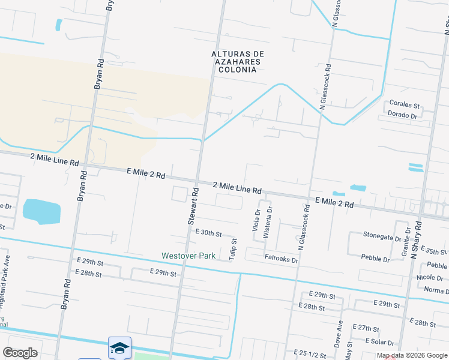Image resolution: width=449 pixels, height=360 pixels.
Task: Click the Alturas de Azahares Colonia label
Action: pyautogui.click(x=238, y=62)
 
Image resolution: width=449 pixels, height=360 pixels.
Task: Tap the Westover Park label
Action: pyautogui.click(x=188, y=256)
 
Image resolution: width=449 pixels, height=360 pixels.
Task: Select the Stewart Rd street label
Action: pyautogui.click(x=194, y=206)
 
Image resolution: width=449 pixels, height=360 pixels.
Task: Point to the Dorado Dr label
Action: pyautogui.click(x=402, y=115)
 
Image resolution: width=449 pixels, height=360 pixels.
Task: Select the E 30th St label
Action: pyautogui.click(x=208, y=233)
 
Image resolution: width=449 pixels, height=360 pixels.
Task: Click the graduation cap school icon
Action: pyautogui.click(x=119, y=348)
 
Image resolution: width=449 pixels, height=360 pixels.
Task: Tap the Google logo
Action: pyautogui.click(x=20, y=353)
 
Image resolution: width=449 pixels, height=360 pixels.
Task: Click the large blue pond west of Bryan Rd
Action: pyautogui.click(x=41, y=211)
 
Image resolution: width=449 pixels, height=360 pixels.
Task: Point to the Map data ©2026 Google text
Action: pyautogui.click(x=411, y=355)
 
